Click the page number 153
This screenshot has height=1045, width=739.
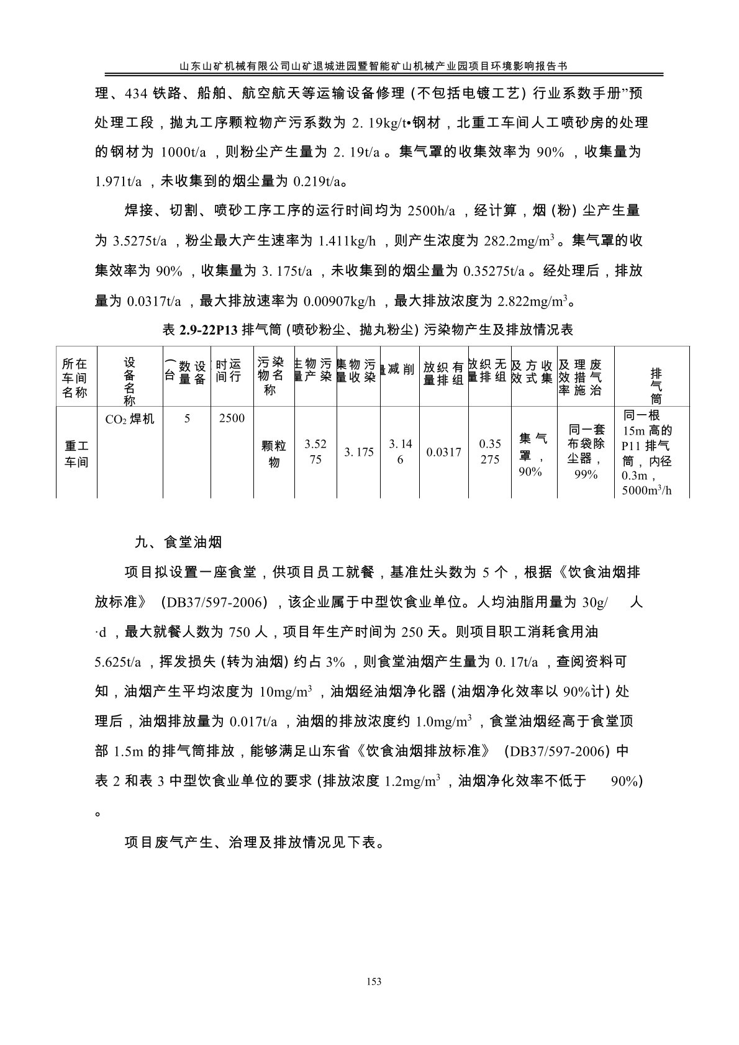(x=373, y=982)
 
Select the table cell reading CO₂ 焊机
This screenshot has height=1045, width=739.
(x=130, y=419)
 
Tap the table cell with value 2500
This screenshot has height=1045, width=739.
(x=232, y=418)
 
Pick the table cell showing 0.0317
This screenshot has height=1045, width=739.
(x=444, y=452)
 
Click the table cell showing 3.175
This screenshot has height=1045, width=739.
(x=359, y=452)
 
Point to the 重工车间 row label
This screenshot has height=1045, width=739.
(x=76, y=454)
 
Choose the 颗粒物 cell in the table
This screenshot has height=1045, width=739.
(x=274, y=454)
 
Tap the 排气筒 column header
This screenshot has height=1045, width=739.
(x=656, y=385)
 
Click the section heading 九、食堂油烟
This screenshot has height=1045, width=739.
(x=178, y=541)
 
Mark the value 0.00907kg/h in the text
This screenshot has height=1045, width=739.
(x=339, y=302)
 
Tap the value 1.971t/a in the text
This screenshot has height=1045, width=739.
(x=119, y=182)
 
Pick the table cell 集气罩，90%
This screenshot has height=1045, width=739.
(x=532, y=455)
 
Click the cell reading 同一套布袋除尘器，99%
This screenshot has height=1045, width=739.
(x=586, y=451)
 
